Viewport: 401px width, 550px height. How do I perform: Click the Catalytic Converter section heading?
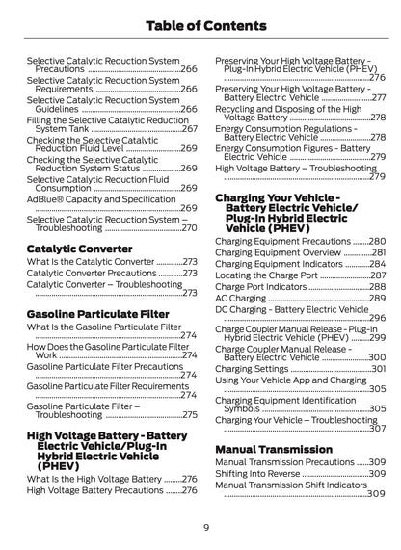[x=79, y=248]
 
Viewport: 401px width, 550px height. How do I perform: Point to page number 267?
[x=189, y=128]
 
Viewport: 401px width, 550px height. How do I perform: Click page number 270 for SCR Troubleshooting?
[x=189, y=227]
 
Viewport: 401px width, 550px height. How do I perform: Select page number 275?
[x=189, y=414]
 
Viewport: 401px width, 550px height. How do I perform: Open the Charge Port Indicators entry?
[x=260, y=287]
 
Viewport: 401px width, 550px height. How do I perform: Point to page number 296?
[x=377, y=318]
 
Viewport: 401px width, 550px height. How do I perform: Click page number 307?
[x=377, y=428]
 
